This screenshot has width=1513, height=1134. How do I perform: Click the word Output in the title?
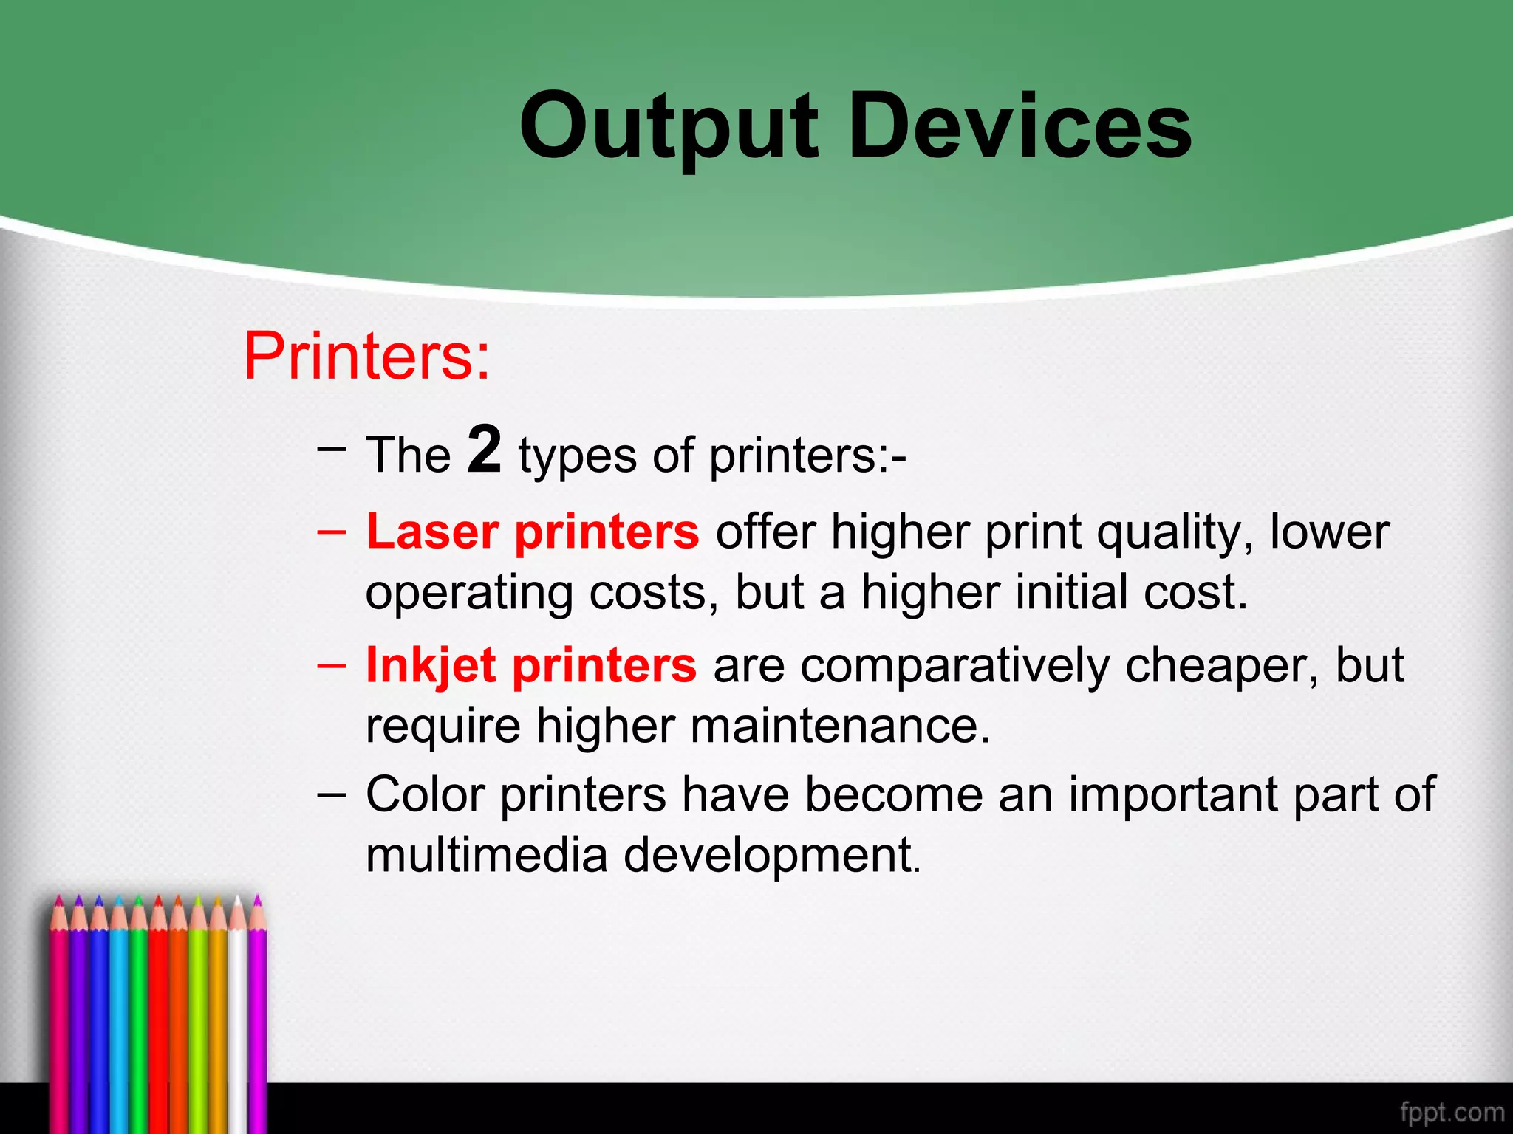tap(669, 127)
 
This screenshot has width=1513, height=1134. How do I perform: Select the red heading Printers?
tap(366, 357)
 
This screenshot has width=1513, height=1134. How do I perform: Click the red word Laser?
tap(432, 532)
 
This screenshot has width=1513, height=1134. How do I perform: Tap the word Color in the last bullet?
tap(425, 795)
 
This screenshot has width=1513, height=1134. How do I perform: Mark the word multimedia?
tap(486, 856)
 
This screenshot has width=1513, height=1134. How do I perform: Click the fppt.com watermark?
tap(1452, 1112)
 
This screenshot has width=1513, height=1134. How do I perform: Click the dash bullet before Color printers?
tap(331, 796)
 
